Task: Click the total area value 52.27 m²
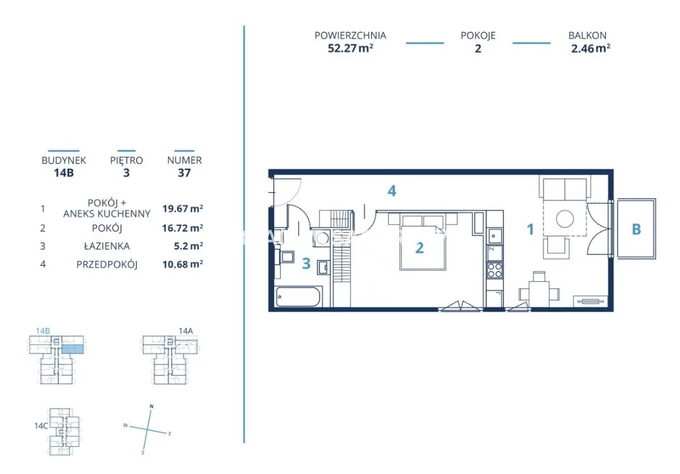coord(350,48)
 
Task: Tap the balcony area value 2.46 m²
coord(590,48)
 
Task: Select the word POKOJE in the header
coord(478,36)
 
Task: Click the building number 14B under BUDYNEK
coord(63,173)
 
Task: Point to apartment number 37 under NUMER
coord(184,173)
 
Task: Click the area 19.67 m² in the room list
coord(183,208)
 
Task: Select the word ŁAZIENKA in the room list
coord(107,246)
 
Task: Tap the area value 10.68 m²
coord(183,264)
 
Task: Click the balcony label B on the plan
coord(636,229)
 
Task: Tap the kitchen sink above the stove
coord(495,236)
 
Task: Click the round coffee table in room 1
coord(565,218)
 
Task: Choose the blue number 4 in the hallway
coord(392,190)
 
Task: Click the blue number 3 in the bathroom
coord(306,263)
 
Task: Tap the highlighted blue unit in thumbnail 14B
coord(72,349)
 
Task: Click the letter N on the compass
coord(151,406)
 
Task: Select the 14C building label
coord(41,426)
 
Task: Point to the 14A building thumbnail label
coord(185,331)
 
